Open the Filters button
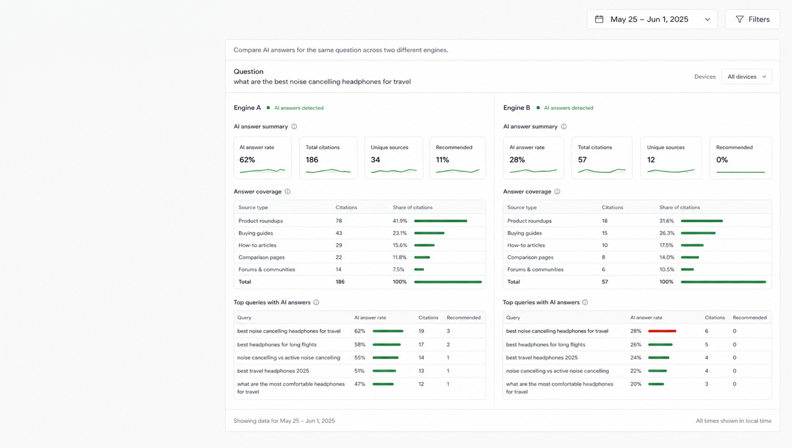click(x=752, y=19)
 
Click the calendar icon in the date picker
click(x=599, y=19)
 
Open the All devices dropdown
click(x=746, y=77)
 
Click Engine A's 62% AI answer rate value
click(x=247, y=160)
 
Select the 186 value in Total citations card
click(x=312, y=160)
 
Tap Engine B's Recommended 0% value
click(x=722, y=160)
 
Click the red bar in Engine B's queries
click(x=662, y=331)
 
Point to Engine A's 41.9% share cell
click(x=400, y=221)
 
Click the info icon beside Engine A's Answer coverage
click(x=287, y=192)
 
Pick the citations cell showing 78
click(x=339, y=221)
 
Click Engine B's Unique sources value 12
click(x=651, y=160)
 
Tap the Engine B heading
click(x=516, y=108)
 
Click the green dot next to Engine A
click(x=268, y=108)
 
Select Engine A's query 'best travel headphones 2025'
click(x=273, y=371)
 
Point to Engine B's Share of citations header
click(x=679, y=208)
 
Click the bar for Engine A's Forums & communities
click(x=419, y=269)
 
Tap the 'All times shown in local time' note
click(x=734, y=421)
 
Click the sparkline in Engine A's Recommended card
click(x=458, y=171)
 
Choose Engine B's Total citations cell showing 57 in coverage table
click(x=605, y=282)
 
